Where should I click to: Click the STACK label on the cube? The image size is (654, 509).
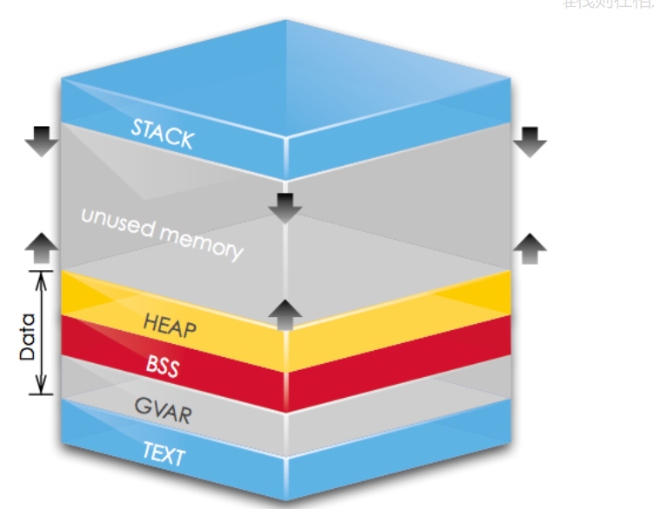coord(162,133)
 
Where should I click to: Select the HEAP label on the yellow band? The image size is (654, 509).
coord(170,326)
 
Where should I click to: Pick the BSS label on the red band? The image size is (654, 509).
coord(163,365)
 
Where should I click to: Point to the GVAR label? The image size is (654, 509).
coord(163,410)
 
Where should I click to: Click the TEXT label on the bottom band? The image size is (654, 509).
coord(163,453)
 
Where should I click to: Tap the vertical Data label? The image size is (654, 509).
coord(27,336)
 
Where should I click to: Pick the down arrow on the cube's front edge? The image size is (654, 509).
coord(284,208)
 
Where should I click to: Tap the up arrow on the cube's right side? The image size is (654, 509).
coord(530,248)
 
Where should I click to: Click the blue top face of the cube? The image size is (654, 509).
coord(287,78)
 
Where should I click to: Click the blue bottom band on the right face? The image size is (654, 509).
coord(400,447)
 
